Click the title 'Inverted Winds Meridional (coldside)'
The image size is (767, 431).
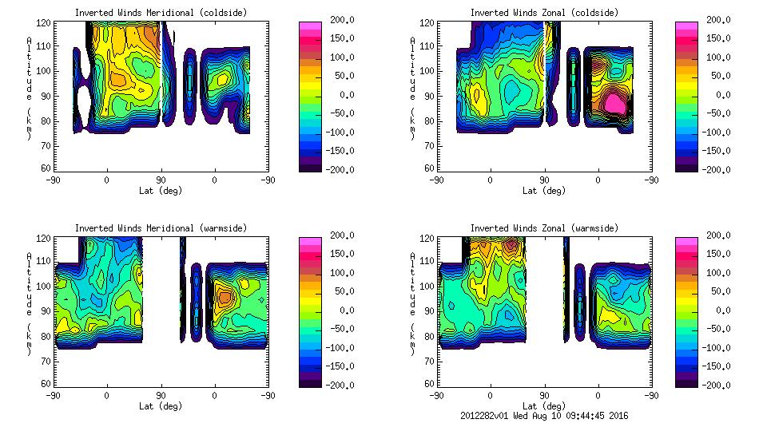[161, 13]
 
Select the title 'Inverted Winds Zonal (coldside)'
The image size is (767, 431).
[544, 13]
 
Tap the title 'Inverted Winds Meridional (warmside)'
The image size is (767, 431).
[161, 228]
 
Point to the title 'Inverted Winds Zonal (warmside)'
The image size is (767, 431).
[544, 228]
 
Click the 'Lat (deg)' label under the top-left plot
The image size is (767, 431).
[161, 191]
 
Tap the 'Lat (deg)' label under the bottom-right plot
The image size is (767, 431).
[544, 406]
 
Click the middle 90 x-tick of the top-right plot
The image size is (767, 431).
[544, 180]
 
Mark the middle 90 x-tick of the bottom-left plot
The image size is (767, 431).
[161, 395]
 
